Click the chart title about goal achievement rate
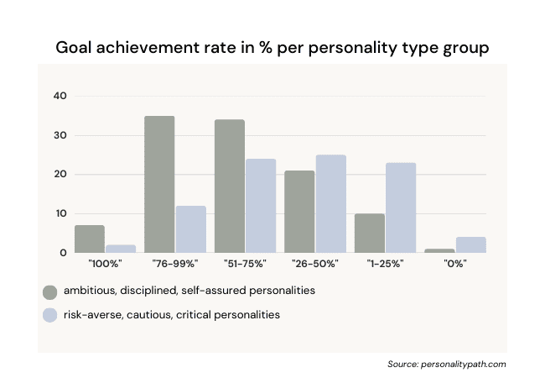(x=272, y=47)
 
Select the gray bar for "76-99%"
(x=159, y=184)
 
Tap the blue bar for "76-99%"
(x=190, y=229)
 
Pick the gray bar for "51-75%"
(x=230, y=186)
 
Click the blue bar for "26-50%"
(x=330, y=203)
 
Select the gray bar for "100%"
(x=90, y=239)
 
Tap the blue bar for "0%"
(x=470, y=244)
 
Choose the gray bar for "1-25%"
(x=370, y=233)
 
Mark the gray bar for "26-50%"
(x=299, y=211)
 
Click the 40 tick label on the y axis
(x=60, y=96)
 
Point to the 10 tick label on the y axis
(x=60, y=213)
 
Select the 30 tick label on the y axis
(x=60, y=135)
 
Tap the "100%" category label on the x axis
(x=105, y=264)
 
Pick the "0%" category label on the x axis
(x=454, y=264)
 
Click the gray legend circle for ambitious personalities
(x=49, y=291)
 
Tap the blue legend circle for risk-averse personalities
(x=49, y=315)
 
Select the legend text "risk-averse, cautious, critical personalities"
(x=172, y=315)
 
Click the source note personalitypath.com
(x=447, y=365)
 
